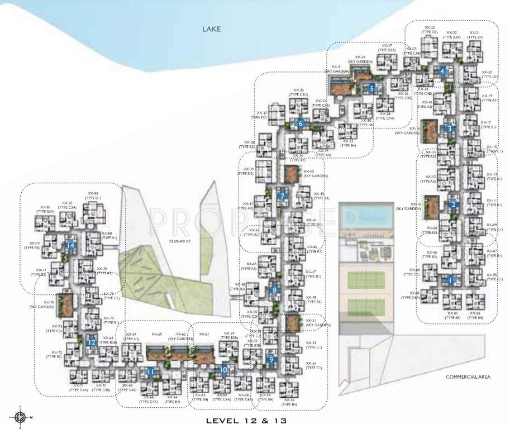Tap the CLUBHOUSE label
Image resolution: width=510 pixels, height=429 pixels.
[x=181, y=241]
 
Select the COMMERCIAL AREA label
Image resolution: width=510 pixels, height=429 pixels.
[x=468, y=377]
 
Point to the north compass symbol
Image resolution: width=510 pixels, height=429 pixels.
[x=21, y=417]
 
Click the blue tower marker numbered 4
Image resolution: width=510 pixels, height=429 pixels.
[x=442, y=71]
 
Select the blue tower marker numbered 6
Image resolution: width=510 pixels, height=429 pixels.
[x=301, y=123]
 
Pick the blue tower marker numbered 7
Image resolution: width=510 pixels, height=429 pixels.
[x=283, y=196]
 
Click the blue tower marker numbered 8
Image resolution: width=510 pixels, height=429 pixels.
[x=274, y=290]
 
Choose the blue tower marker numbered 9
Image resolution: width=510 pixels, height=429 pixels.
[x=271, y=360]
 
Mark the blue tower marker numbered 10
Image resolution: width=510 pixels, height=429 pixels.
[x=223, y=369]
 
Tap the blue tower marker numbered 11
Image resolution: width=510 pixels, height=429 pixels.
[x=150, y=372]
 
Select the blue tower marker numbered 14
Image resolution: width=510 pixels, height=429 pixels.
[x=70, y=245]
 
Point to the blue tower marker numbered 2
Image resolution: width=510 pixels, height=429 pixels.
[x=454, y=204]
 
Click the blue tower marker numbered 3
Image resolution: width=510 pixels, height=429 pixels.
[x=449, y=128]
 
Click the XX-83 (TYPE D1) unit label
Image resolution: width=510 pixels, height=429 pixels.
[x=92, y=196]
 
